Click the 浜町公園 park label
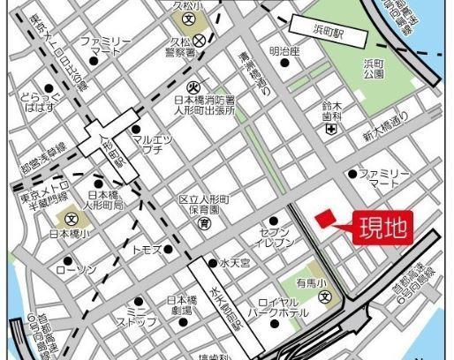pos(377,69)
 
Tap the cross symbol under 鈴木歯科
pos(330,129)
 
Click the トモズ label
pos(147,250)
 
